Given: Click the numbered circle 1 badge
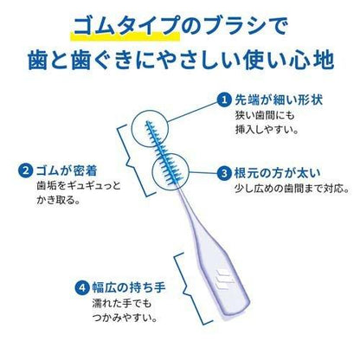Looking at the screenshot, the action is [x=224, y=100].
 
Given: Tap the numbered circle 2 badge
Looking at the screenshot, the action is [x=26, y=170].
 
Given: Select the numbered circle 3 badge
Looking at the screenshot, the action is [x=224, y=173].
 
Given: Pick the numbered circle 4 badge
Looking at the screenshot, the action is [x=82, y=287].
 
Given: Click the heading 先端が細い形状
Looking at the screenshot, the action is [x=279, y=100].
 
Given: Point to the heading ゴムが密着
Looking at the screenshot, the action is [x=67, y=170].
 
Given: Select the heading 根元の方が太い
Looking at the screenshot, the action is [x=277, y=173].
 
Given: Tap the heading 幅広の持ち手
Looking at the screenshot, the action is [x=129, y=287].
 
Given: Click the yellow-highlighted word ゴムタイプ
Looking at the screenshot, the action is [x=125, y=27].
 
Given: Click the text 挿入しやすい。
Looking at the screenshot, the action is [x=267, y=130].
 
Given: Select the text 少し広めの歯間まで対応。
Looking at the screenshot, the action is [x=292, y=189].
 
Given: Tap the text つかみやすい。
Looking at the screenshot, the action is [x=125, y=318].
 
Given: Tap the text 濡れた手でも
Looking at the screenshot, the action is [x=122, y=304].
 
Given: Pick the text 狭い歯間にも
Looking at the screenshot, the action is [x=265, y=115].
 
